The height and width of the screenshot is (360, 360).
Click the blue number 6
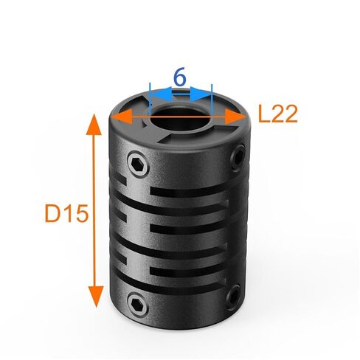click(179, 75)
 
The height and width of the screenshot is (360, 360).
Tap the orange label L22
click(277, 114)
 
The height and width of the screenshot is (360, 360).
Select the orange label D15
click(66, 214)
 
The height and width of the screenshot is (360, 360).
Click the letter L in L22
click(263, 114)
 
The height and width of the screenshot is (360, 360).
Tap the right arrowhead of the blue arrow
click(206, 95)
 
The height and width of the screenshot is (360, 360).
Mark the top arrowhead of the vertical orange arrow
click(94, 123)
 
